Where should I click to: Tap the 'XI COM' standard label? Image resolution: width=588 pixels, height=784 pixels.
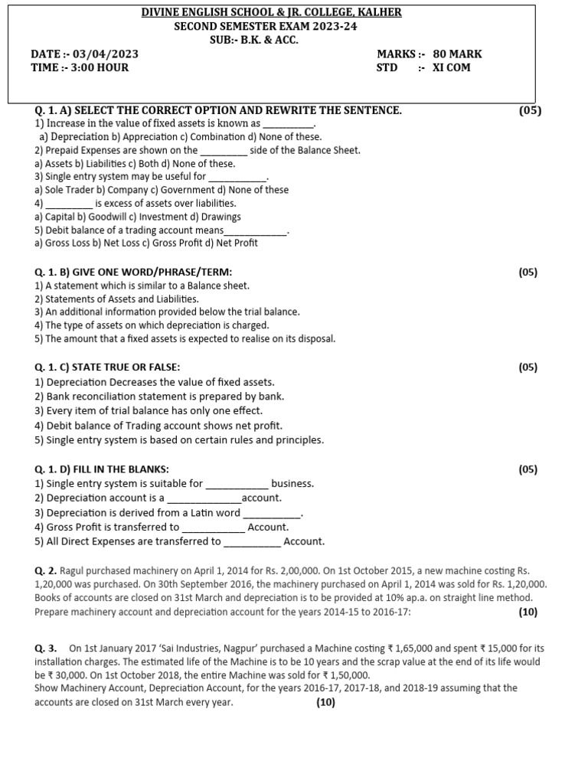(452, 67)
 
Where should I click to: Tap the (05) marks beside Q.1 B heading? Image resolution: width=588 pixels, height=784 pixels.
(528, 272)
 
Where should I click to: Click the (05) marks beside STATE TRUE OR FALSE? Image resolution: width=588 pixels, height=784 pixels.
(528, 367)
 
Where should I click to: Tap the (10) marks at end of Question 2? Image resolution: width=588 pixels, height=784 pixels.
(528, 612)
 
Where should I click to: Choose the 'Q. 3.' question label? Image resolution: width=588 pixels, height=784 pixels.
(46, 648)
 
